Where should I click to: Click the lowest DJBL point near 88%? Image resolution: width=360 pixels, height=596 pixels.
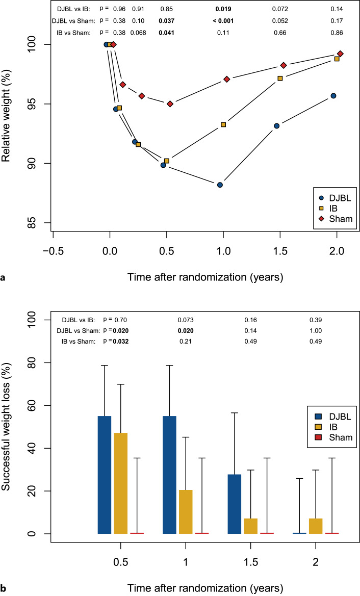tap(220, 185)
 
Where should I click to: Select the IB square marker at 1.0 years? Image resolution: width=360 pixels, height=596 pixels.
tap(223, 124)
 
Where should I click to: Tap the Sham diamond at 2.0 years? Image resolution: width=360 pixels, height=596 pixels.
tap(340, 54)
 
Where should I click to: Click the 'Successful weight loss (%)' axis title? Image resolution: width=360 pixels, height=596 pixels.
tap(8, 427)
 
